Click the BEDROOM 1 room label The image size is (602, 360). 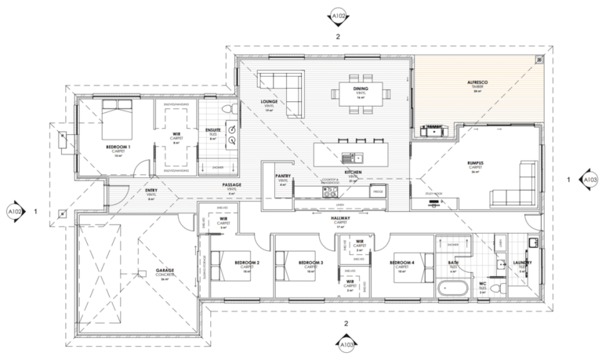tap(118, 147)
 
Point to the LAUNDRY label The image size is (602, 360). tap(523, 263)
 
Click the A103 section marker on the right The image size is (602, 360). tap(590, 180)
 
